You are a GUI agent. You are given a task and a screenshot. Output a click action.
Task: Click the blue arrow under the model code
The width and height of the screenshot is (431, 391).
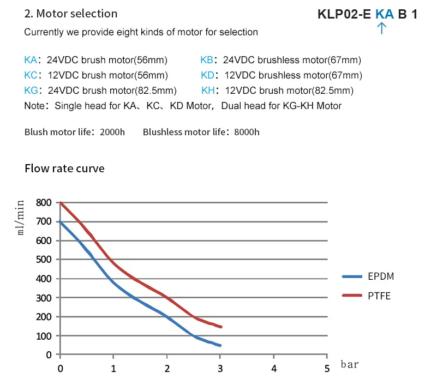382,28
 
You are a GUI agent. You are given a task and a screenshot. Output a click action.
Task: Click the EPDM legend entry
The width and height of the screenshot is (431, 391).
380,276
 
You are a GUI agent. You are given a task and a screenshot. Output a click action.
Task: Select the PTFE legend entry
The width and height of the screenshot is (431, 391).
379,296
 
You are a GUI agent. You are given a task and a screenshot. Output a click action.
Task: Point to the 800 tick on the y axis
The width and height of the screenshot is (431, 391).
45,202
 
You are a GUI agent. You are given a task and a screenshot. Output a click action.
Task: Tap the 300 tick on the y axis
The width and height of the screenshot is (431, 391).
45,298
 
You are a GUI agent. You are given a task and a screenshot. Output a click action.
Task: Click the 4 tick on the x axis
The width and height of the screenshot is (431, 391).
273,369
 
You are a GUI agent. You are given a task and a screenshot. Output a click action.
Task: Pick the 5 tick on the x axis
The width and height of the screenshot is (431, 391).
327,369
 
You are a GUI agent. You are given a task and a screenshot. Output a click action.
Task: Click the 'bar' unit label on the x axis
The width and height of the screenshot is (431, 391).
350,364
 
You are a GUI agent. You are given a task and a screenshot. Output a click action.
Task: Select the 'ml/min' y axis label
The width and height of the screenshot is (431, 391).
21,217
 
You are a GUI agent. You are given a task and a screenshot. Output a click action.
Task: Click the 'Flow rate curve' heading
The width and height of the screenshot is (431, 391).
64,169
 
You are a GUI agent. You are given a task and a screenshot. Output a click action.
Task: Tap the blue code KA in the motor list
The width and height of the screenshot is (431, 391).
31,60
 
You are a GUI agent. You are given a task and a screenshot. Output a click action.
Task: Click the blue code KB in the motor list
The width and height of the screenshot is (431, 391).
207,60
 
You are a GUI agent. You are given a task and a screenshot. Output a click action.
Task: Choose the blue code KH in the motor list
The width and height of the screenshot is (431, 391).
208,91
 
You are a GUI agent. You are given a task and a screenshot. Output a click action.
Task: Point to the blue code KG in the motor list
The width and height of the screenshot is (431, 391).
31,91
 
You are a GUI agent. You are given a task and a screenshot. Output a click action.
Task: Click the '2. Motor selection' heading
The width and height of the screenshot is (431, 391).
70,13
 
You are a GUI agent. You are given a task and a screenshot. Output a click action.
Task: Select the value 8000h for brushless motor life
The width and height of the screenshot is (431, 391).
247,132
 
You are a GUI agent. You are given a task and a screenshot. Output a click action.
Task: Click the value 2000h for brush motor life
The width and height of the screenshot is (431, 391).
112,132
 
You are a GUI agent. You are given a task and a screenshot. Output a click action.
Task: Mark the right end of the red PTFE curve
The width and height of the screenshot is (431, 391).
220,327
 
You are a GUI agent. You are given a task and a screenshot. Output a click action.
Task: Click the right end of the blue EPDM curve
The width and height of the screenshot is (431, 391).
220,345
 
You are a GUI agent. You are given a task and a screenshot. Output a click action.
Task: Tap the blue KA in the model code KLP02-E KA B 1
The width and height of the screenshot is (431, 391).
384,14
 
